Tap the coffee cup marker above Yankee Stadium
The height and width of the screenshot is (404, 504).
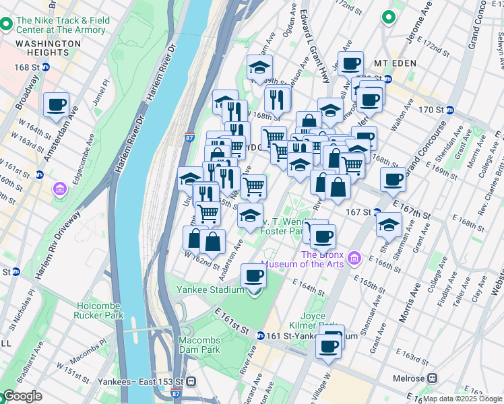click(x=254, y=275)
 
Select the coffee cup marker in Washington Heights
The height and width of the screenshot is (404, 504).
click(x=57, y=105)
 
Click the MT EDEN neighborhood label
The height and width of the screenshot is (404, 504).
click(x=396, y=63)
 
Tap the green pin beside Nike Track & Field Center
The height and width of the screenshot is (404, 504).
click(x=6, y=25)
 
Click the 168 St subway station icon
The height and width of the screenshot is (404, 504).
click(x=46, y=67)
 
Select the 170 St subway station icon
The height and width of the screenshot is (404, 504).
click(x=450, y=110)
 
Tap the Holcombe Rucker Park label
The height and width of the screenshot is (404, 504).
click(x=100, y=310)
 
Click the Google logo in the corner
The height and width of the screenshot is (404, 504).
click(x=22, y=396)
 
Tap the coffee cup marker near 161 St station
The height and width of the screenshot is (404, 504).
click(x=329, y=345)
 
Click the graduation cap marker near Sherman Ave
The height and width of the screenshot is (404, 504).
click(x=389, y=225)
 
